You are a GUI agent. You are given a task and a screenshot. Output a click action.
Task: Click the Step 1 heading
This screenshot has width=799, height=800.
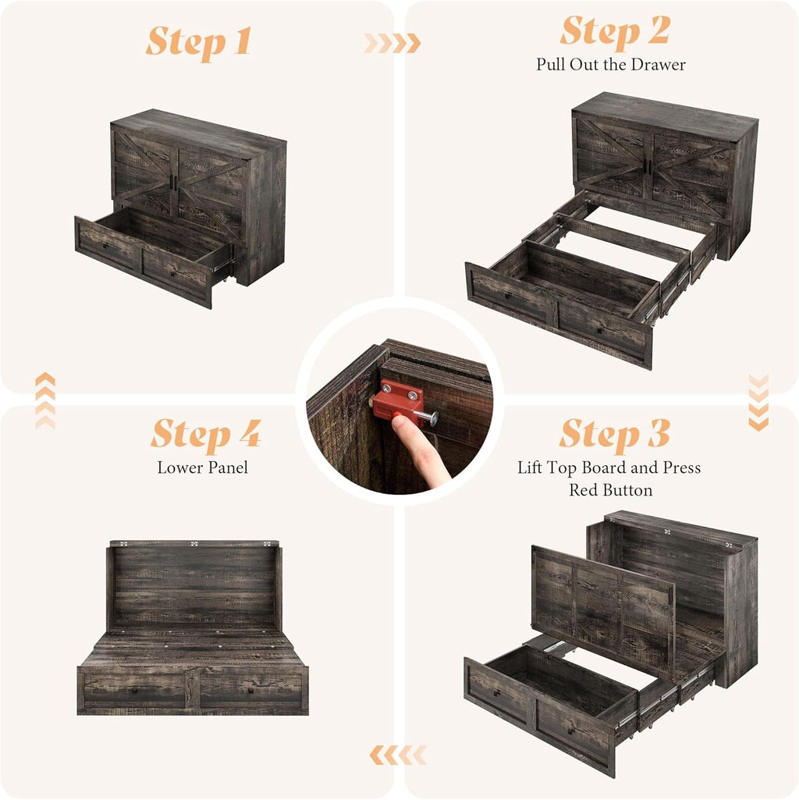tap(198, 41)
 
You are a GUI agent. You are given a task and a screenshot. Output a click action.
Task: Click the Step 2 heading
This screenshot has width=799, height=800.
tap(614, 31)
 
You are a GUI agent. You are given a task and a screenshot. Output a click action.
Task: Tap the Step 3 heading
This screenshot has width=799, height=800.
tap(614, 434)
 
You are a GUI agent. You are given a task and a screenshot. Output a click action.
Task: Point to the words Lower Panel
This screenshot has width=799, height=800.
tap(203, 468)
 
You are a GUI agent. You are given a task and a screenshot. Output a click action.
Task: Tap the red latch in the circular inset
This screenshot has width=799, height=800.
tap(396, 399)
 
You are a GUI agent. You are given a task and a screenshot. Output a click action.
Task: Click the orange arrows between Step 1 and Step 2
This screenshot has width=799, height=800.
tap(392, 44)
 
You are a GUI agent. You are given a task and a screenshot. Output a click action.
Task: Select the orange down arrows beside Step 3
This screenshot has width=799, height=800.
tap(758, 402)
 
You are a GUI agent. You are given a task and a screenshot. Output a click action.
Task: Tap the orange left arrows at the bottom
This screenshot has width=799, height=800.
tap(397, 755)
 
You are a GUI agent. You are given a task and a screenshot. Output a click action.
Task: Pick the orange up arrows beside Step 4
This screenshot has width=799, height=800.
tap(45, 400)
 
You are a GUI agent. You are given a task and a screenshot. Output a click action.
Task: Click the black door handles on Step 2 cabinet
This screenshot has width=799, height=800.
tap(648, 165)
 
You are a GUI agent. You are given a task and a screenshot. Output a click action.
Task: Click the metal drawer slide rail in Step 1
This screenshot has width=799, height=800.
tap(223, 266)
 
